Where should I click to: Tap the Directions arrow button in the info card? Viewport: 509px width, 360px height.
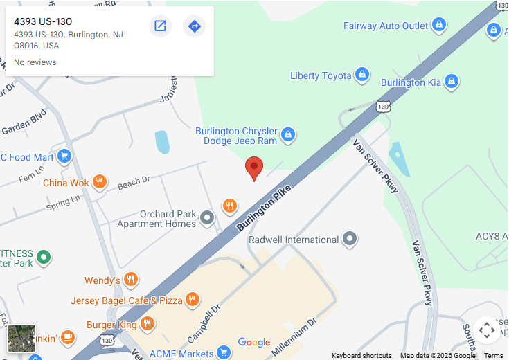pos(194,26)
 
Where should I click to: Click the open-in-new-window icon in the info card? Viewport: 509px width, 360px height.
pos(160,26)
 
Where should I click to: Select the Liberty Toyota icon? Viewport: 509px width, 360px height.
pos(361,75)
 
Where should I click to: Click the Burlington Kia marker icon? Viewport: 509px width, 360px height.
pos(452,82)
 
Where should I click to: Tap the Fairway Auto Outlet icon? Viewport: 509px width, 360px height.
pos(438,26)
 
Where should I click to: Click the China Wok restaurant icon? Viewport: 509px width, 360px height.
pos(100,182)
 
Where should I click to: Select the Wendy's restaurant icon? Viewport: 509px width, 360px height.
pos(131,280)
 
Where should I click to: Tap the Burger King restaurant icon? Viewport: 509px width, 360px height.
pos(147,324)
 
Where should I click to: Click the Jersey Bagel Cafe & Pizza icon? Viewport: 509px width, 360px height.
pos(193,300)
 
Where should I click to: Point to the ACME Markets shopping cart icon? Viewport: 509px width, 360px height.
pos(223,353)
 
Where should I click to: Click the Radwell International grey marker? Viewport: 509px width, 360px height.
pos(350,240)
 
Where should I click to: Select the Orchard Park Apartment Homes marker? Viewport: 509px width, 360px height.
pos(207,219)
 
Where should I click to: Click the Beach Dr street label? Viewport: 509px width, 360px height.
pos(134,183)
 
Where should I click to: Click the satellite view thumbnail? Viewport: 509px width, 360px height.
pos(21,339)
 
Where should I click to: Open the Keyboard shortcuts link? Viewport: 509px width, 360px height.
pos(361,355)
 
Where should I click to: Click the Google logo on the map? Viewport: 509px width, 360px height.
pos(254,342)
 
